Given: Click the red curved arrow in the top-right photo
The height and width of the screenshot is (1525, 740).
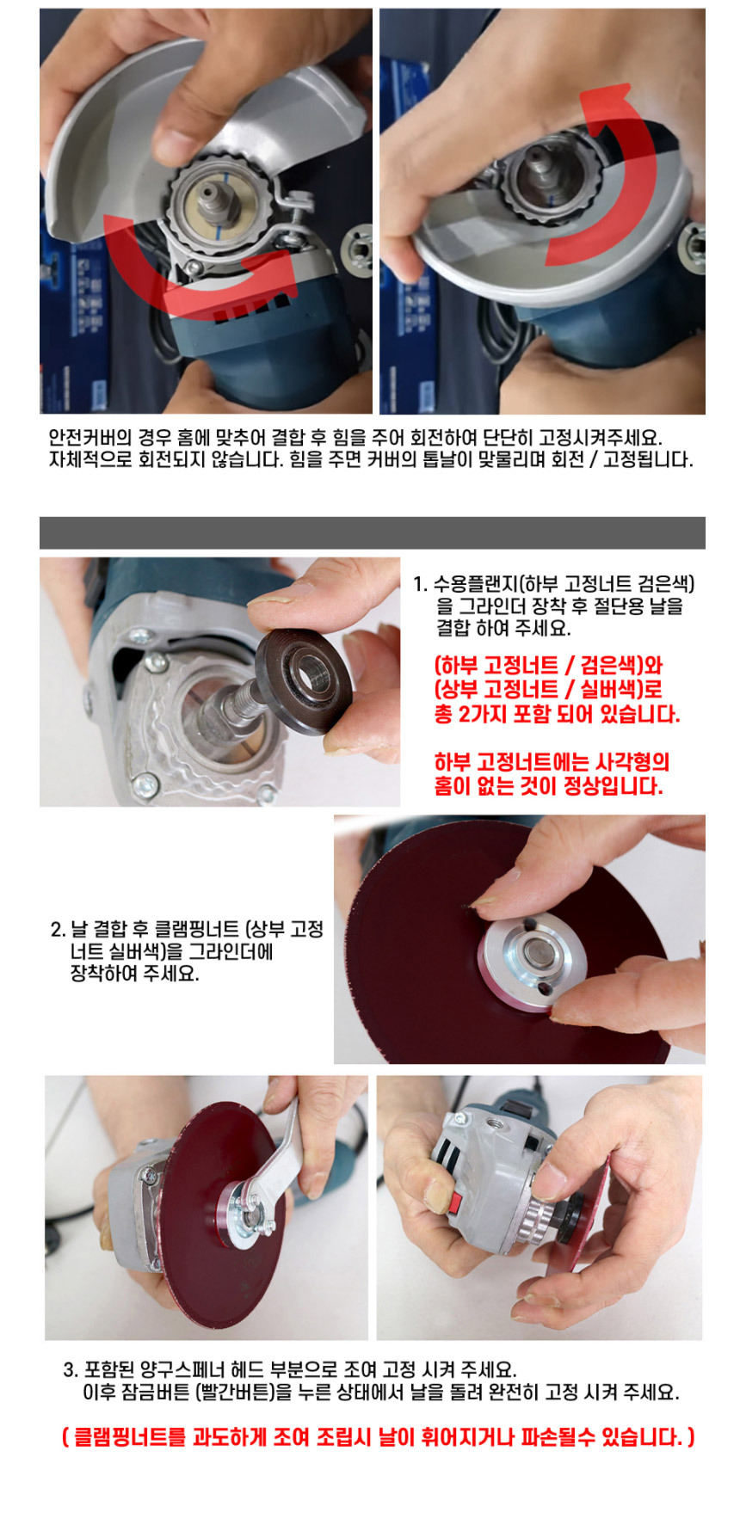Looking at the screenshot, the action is (637, 172).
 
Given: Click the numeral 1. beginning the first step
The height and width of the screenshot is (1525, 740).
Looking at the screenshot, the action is (420, 585).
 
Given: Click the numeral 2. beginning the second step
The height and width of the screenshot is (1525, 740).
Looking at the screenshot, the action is (58, 930).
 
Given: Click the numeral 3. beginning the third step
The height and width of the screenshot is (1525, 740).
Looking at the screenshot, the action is (71, 1368).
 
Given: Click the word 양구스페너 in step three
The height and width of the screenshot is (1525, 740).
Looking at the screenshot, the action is (186, 1368).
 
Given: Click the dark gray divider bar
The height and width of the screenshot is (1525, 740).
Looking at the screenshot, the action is (373, 532).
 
